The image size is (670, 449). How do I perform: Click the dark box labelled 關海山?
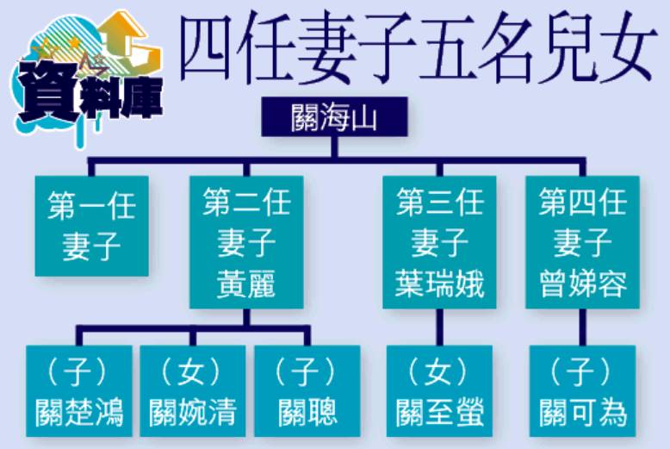pyautogui.click(x=334, y=116)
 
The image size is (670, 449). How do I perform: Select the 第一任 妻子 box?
pyautogui.click(x=92, y=226)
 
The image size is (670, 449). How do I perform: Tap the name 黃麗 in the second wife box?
pyautogui.click(x=246, y=284)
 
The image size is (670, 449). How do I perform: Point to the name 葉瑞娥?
pyautogui.click(x=439, y=284)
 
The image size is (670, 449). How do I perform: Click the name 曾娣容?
pyautogui.click(x=583, y=284)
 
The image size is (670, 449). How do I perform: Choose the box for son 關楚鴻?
pyautogui.click(x=79, y=391)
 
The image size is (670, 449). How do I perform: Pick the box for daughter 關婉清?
pyautogui.click(x=193, y=391)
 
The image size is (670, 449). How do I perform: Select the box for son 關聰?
pyautogui.click(x=307, y=391)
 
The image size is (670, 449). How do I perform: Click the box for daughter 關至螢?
pyautogui.click(x=439, y=391)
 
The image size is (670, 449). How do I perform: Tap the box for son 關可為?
pyautogui.click(x=583, y=391)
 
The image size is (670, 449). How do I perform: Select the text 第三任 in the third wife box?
pyautogui.click(x=439, y=203)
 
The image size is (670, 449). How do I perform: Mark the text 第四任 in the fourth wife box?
pyautogui.click(x=583, y=203)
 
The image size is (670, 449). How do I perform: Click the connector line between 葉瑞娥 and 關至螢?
pyautogui.click(x=439, y=327)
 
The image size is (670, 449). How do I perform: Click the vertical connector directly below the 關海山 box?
pyautogui.click(x=335, y=147)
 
